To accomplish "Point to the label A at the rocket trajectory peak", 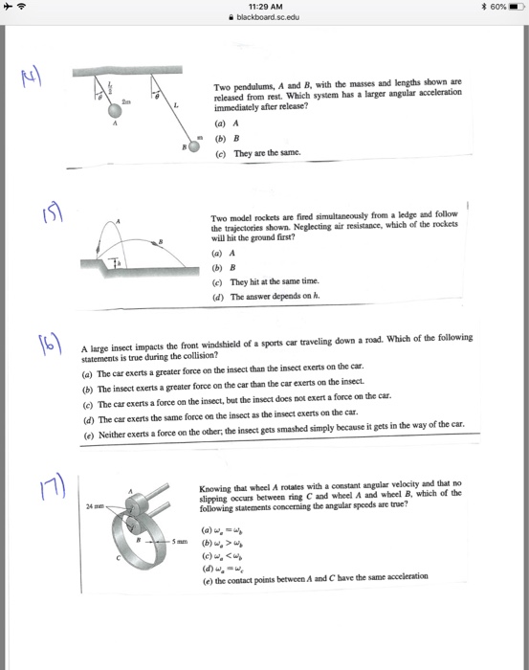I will (x=121, y=220).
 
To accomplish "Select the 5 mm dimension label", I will (x=180, y=543).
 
